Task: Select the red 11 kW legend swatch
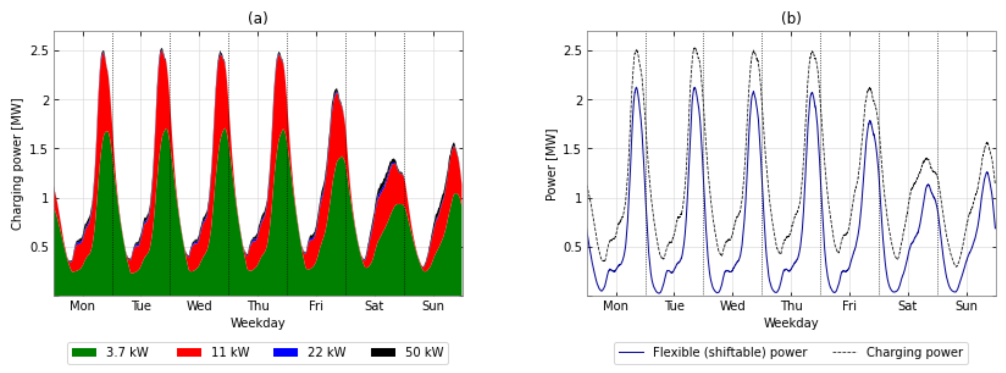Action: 189,352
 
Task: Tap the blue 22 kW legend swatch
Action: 285,352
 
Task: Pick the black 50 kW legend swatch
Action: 383,352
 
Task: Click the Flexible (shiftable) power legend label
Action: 730,352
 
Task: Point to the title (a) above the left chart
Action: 258,18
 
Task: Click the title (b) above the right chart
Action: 791,18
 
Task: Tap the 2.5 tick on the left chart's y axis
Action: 39,51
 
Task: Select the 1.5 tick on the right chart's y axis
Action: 573,149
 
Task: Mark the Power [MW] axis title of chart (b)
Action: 551,165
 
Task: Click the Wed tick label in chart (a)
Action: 199,306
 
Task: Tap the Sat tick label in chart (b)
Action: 908,306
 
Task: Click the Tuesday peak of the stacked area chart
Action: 161,49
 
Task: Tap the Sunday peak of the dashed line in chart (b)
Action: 986,143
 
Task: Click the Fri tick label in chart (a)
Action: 316,306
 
